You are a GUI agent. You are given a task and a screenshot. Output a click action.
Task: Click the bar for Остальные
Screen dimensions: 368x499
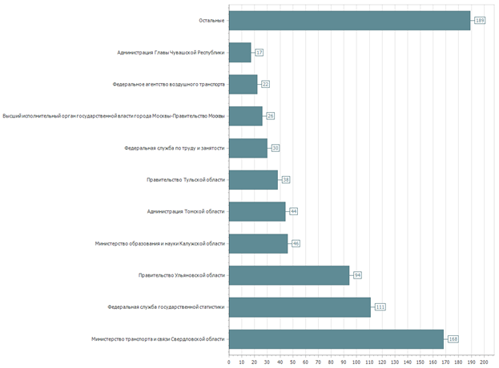[x=349, y=20]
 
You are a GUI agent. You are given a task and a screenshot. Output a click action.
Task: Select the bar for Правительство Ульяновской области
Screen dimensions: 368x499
[x=289, y=275]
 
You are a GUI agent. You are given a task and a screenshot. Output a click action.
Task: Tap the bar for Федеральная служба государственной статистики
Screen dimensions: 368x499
[x=300, y=307]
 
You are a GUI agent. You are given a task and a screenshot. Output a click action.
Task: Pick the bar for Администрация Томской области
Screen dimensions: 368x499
[x=257, y=211]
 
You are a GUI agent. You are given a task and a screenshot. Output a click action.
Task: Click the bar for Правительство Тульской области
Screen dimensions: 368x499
[x=253, y=179]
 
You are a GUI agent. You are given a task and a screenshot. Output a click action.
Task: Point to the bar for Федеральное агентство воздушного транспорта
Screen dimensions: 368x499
[x=243, y=84]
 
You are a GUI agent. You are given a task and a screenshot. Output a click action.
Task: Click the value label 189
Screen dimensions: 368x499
[x=480, y=20]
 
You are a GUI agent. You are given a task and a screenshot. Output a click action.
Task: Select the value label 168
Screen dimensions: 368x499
[x=453, y=339]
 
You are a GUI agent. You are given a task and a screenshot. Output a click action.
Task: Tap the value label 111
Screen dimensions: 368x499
[x=380, y=307]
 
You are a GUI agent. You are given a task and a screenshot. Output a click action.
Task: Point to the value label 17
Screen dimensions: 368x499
[x=260, y=52]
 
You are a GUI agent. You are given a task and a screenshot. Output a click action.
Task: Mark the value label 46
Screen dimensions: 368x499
[x=296, y=243]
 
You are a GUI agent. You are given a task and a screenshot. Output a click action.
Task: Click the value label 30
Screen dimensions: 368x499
[x=276, y=148]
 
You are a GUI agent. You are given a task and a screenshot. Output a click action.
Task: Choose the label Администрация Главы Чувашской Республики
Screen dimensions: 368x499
[x=171, y=52]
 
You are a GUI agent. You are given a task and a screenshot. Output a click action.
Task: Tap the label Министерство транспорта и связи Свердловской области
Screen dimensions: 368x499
[x=159, y=339]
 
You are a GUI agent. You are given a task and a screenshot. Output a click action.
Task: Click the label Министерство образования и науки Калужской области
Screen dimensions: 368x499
[x=159, y=243]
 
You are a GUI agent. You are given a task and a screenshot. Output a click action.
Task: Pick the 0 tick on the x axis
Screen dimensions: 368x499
[x=229, y=362]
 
